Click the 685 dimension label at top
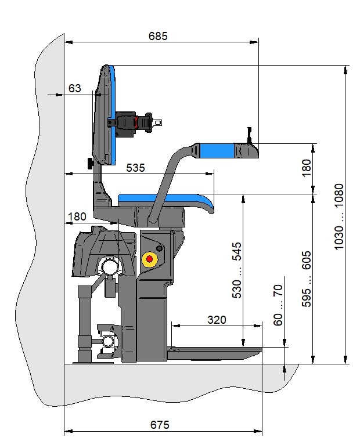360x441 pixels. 157,36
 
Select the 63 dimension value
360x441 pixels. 75,88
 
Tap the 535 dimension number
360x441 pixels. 135,168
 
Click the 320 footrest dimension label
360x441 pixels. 216,320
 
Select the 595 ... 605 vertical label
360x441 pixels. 307,279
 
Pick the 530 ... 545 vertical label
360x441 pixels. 237,270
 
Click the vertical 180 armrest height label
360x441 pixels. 307,167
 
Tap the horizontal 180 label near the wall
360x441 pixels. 77,216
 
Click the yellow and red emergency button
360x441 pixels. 150,258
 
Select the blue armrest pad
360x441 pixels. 217,151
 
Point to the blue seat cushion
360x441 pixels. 168,200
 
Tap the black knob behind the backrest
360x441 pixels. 90,164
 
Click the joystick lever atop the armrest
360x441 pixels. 249,135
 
